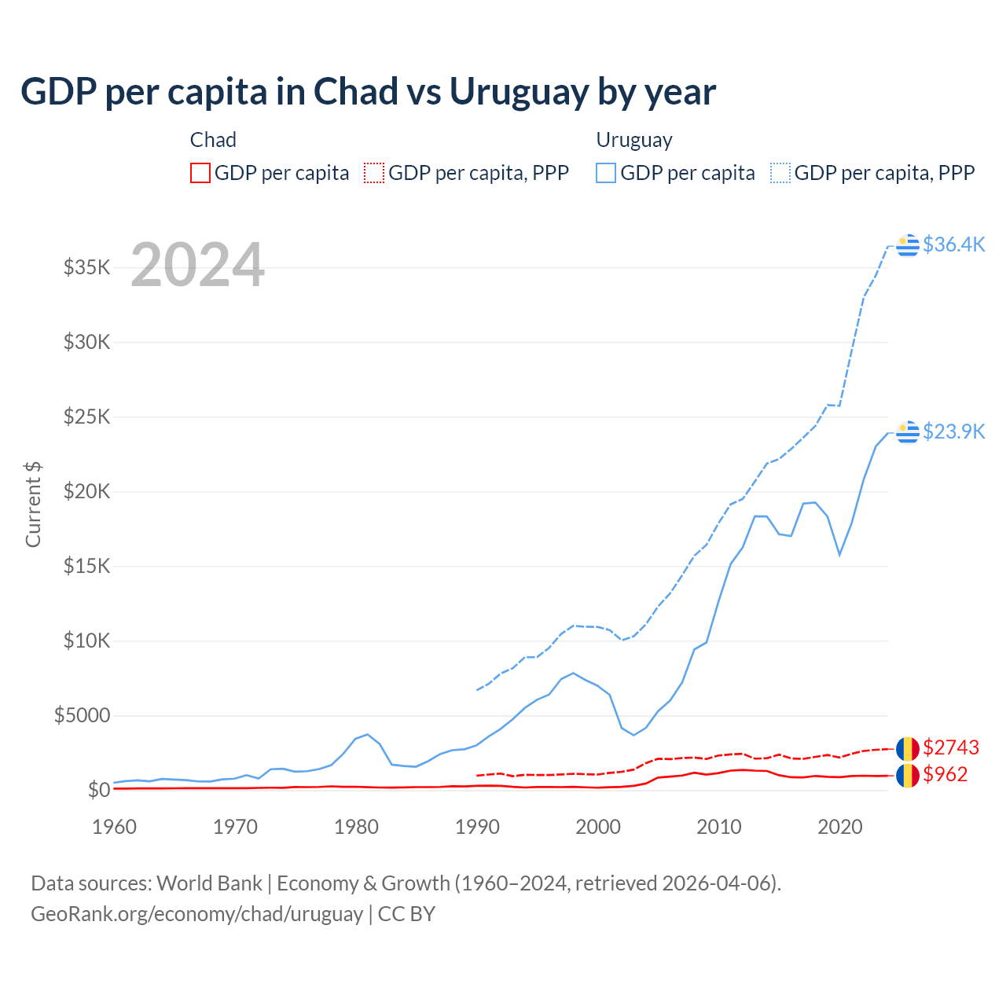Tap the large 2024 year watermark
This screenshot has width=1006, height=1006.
[x=197, y=265]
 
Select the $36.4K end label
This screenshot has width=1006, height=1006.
[x=953, y=244]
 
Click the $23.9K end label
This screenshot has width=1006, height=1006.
[x=953, y=431]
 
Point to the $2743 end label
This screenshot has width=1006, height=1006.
[x=951, y=747]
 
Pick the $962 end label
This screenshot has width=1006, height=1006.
[x=945, y=774]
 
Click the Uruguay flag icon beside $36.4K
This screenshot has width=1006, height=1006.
[x=908, y=245]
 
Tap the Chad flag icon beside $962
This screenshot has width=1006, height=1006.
[x=908, y=775]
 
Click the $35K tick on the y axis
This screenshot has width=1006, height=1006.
[x=86, y=267]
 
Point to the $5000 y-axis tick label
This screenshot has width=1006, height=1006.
[x=82, y=715]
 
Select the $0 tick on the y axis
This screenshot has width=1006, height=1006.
[x=98, y=790]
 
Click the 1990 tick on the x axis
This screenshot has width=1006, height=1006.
[x=477, y=827]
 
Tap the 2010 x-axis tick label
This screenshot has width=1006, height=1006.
[x=719, y=827]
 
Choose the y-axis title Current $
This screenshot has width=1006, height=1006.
[x=33, y=504]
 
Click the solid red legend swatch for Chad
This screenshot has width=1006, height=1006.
[x=200, y=173]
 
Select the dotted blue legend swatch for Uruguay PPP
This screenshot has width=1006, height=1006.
[x=780, y=173]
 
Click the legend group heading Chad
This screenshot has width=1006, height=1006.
[x=213, y=140]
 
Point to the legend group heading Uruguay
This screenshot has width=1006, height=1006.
[x=634, y=140]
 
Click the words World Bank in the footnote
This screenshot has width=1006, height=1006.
[x=209, y=883]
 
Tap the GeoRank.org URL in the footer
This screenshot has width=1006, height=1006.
[x=196, y=914]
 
